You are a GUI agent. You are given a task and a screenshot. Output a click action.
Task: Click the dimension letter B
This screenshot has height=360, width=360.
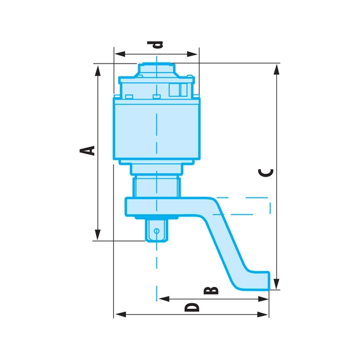[x=211, y=290]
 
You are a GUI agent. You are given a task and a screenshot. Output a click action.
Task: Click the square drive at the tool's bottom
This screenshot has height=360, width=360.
[x=156, y=230]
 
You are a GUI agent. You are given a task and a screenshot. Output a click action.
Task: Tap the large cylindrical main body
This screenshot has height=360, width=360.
[x=156, y=129]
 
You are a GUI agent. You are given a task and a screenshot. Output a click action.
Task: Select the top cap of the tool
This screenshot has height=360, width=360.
[x=156, y=70]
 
